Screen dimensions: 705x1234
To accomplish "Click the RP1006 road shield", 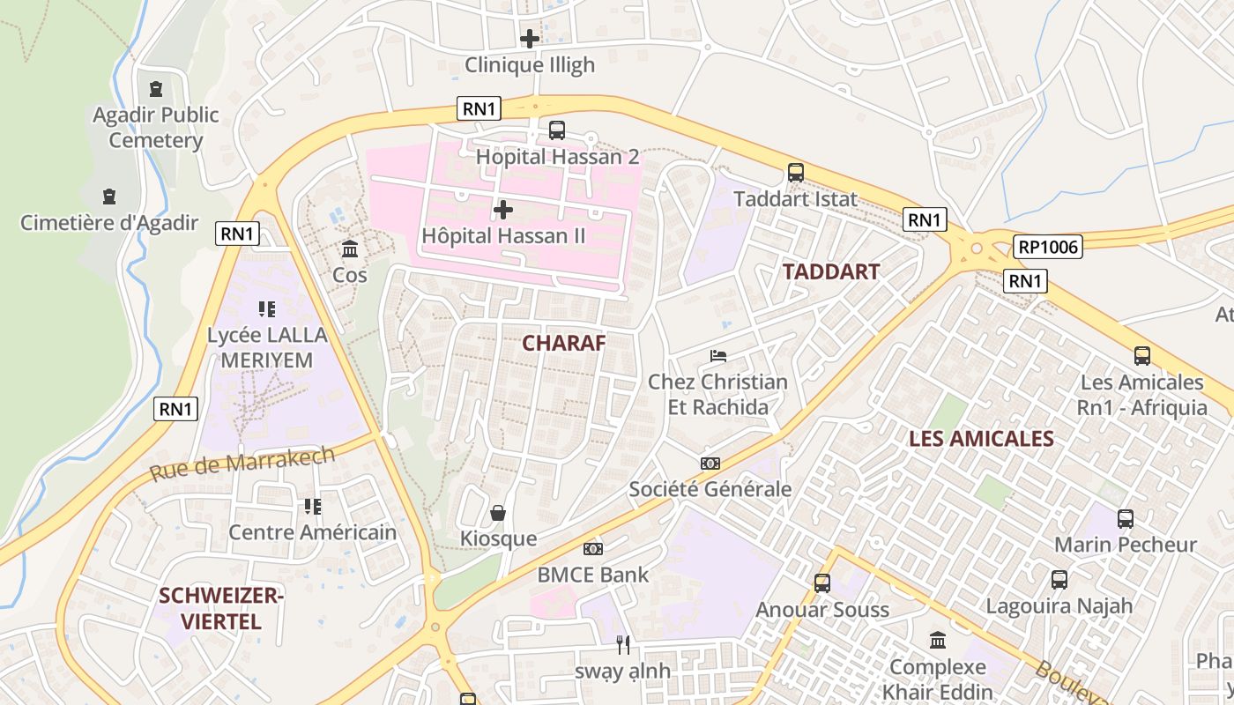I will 1047,247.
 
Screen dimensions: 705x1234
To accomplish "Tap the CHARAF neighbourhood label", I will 564,343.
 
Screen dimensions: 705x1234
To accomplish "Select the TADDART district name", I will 831,271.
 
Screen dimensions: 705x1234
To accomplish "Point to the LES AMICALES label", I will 981,438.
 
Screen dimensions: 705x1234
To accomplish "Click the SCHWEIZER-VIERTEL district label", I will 220,609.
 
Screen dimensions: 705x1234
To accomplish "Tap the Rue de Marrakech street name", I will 242,464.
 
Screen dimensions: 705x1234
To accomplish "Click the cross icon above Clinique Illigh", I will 530,39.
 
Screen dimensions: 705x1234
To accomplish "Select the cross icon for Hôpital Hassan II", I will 503,210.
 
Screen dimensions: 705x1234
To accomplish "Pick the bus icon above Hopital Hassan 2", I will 557,130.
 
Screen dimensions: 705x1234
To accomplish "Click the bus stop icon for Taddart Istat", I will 796,173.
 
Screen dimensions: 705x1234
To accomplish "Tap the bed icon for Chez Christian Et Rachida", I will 718,356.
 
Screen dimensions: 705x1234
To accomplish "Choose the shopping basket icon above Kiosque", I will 498,513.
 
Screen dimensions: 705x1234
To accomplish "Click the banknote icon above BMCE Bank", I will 593,549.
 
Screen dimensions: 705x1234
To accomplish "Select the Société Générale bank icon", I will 710,463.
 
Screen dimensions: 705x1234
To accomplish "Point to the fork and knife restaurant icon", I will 623,645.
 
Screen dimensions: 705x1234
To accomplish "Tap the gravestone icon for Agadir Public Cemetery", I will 156,88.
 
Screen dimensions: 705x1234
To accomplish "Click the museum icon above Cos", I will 350,249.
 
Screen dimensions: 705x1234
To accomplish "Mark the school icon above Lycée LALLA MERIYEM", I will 266,308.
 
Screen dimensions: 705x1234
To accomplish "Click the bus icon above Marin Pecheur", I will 1126,518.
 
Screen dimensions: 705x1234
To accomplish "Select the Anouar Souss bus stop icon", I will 822,583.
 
